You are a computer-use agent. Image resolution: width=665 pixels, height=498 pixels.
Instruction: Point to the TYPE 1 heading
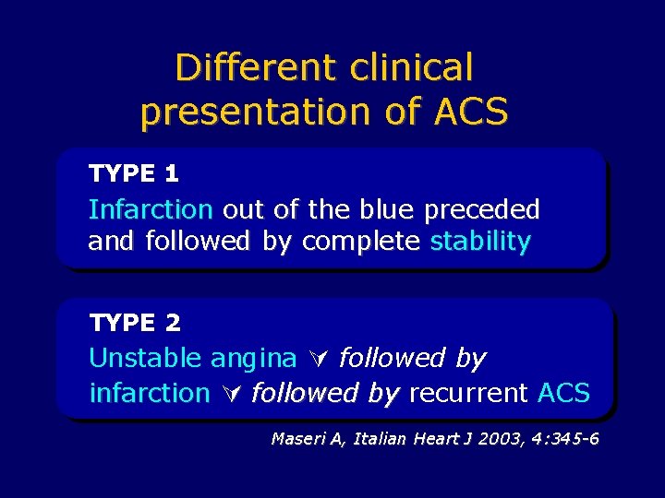point(134,172)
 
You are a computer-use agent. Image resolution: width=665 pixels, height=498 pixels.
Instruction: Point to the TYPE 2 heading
point(135,323)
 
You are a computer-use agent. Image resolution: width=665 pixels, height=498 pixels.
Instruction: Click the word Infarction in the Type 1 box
point(151,209)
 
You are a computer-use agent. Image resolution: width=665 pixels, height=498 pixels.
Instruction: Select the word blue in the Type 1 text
point(384,209)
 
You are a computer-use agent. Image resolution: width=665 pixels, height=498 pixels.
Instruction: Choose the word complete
point(361,242)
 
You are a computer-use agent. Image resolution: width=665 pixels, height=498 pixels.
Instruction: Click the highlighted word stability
point(480,242)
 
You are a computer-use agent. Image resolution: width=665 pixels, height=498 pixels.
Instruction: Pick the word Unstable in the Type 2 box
point(146,358)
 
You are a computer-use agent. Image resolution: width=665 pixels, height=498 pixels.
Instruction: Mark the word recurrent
point(468,393)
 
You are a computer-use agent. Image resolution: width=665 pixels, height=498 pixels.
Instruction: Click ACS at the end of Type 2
point(562,393)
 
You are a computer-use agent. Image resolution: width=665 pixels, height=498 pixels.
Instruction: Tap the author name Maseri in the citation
point(295,439)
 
